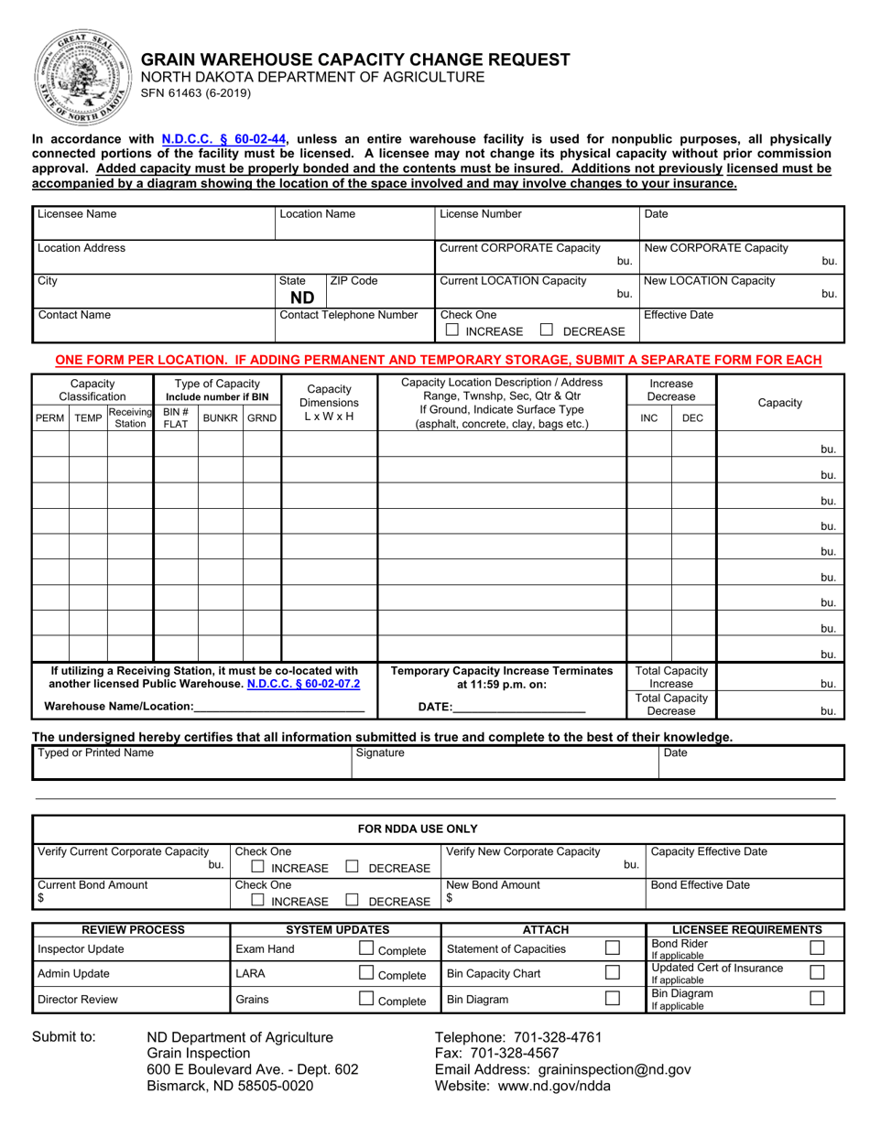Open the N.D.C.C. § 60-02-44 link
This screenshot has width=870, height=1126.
pos(223,139)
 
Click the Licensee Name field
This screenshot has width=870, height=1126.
pos(153,222)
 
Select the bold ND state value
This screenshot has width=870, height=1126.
pos(301,298)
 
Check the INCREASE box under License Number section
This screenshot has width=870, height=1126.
pos(451,330)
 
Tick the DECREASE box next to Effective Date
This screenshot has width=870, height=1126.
pos(547,330)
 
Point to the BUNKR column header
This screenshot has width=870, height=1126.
pos(220,417)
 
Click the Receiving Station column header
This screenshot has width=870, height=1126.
pos(130,417)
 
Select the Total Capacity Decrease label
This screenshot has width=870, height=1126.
pos(671,704)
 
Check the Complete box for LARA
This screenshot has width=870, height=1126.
pos(366,973)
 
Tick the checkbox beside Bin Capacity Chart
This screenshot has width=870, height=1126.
pos(613,973)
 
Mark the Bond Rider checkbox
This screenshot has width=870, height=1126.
pos(818,947)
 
